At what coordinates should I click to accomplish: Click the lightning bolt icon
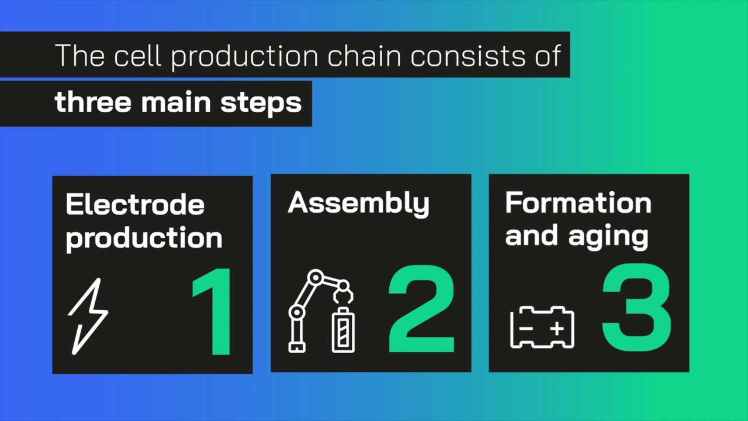88,316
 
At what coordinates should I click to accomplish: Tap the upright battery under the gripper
343,330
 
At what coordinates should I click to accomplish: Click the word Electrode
135,205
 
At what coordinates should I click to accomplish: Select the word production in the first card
144,239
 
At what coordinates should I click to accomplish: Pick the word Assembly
358,203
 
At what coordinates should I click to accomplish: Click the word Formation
578,203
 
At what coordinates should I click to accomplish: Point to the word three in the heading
93,102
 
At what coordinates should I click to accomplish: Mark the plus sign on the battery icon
557,328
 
